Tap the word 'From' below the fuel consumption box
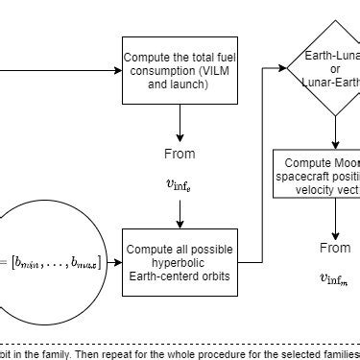click(179, 154)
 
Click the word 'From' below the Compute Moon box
click(335, 248)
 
